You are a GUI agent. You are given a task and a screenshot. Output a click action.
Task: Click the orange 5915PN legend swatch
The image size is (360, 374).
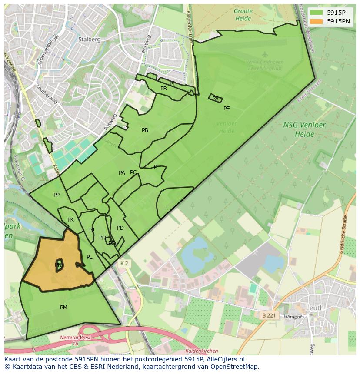point(316,21)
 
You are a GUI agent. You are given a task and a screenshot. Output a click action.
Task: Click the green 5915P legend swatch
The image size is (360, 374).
point(316,13)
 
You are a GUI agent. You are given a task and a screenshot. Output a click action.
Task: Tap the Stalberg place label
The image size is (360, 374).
point(89,39)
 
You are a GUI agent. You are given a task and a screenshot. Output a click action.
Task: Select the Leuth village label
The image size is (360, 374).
point(315,308)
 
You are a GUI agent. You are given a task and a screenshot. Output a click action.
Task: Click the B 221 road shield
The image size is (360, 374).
point(270,315)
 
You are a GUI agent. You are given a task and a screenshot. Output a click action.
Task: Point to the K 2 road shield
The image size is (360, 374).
point(124,264)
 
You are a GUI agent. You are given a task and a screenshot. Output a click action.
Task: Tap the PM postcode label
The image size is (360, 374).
point(63,308)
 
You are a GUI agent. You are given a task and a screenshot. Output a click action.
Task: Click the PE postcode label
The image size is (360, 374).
point(227,109)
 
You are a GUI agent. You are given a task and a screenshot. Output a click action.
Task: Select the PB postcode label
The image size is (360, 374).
point(145,130)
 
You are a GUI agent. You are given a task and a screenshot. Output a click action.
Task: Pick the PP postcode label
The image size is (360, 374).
point(57,195)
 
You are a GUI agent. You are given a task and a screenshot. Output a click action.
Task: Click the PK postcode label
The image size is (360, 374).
point(70,220)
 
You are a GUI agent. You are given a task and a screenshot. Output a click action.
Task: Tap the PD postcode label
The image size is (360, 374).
point(120,228)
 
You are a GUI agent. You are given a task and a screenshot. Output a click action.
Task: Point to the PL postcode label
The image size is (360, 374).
point(89,257)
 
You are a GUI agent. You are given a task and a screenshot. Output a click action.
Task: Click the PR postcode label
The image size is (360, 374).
point(163,89)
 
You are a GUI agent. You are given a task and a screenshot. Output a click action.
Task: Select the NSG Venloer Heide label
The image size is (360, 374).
point(299,129)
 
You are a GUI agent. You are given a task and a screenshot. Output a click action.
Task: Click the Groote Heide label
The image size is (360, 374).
point(243,15)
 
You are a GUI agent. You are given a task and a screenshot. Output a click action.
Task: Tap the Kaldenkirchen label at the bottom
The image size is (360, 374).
point(201,351)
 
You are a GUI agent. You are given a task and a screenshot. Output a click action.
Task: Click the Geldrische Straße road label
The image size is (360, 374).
point(343,235)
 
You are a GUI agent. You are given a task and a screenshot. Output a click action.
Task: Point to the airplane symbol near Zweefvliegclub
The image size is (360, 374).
point(265,54)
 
